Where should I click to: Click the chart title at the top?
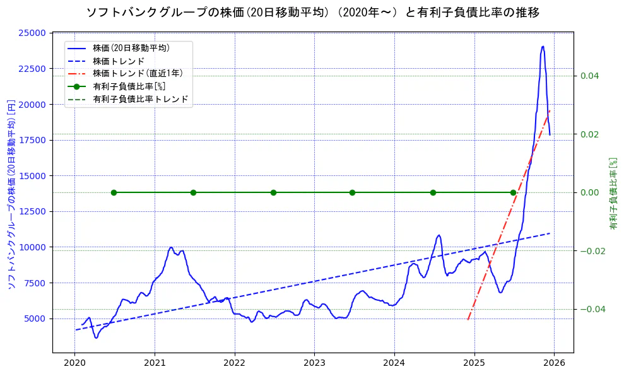click(312, 13)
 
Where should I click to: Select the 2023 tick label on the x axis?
click(314, 363)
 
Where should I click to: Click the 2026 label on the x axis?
click(553, 363)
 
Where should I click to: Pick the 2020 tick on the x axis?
click(74, 363)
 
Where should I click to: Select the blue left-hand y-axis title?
click(11, 193)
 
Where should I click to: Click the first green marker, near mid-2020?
click(114, 192)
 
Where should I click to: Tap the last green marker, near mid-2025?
click(513, 192)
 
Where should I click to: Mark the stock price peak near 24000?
click(543, 46)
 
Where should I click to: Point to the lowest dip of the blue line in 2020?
click(96, 337)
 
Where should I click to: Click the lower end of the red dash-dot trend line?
click(468, 320)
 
